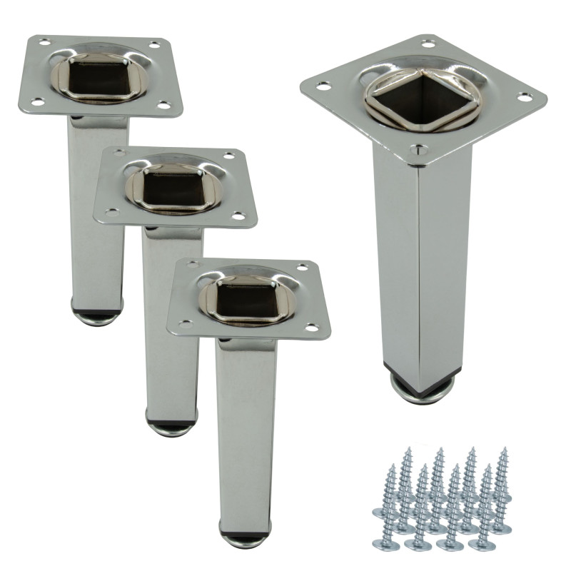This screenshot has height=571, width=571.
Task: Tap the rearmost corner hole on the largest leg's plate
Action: [428, 44]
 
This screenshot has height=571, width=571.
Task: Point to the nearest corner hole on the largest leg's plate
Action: [418, 151]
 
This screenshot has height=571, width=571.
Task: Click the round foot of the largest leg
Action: [421, 389]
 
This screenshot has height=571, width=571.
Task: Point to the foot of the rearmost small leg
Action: [97, 314]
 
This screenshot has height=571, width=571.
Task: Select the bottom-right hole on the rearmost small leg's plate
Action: [163, 105]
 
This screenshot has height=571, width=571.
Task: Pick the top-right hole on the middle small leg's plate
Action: [229, 156]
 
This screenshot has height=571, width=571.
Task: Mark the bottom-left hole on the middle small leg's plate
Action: [111, 212]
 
